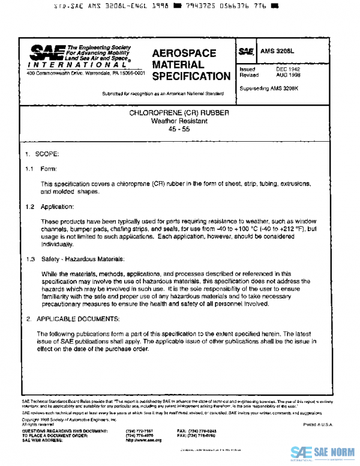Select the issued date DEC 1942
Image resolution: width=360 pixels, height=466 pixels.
pyautogui.click(x=288, y=70)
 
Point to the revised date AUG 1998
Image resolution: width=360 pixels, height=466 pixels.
pyautogui.click(x=288, y=76)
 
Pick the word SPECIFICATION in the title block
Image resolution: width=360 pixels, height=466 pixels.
pyautogui.click(x=191, y=76)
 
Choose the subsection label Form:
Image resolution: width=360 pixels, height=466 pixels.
pyautogui.click(x=49, y=169)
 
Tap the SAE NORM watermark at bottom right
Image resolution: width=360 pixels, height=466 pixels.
pyautogui.click(x=323, y=452)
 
